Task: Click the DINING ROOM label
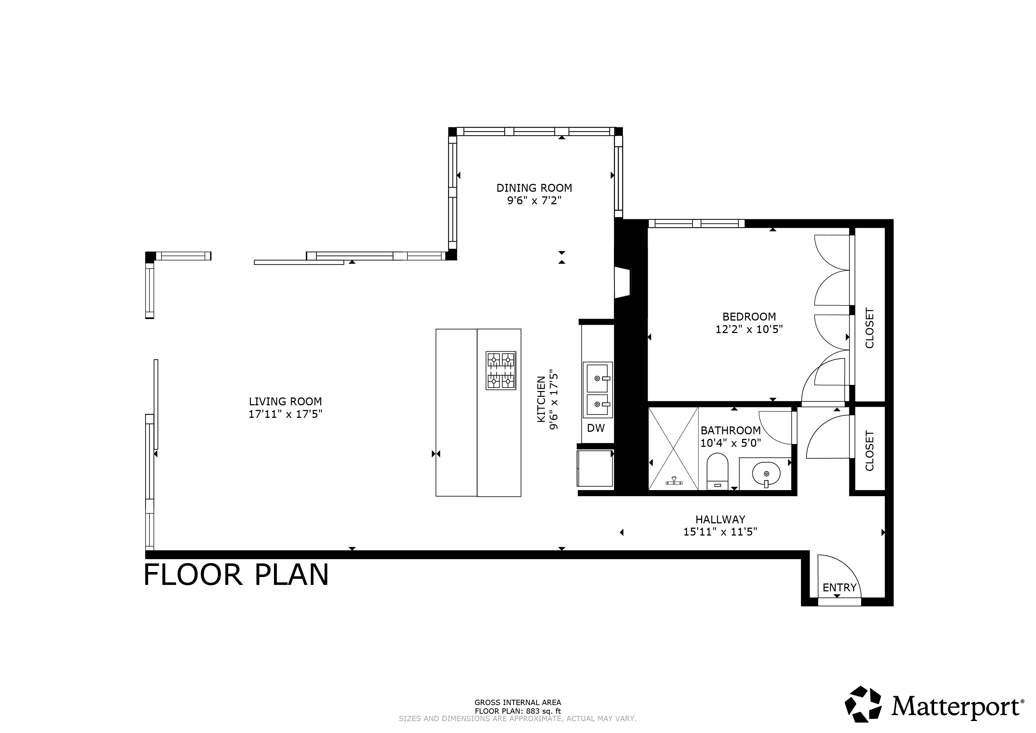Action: [x=534, y=188]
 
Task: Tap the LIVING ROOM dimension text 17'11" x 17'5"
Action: [x=285, y=414]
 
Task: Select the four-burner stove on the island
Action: [x=501, y=371]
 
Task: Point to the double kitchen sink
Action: [x=598, y=390]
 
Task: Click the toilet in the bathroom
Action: [x=717, y=470]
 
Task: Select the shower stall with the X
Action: [x=673, y=449]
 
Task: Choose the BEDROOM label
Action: [x=749, y=317]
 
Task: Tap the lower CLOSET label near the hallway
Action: [x=869, y=451]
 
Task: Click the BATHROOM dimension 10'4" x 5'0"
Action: [x=731, y=443]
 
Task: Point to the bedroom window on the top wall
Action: [x=696, y=224]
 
